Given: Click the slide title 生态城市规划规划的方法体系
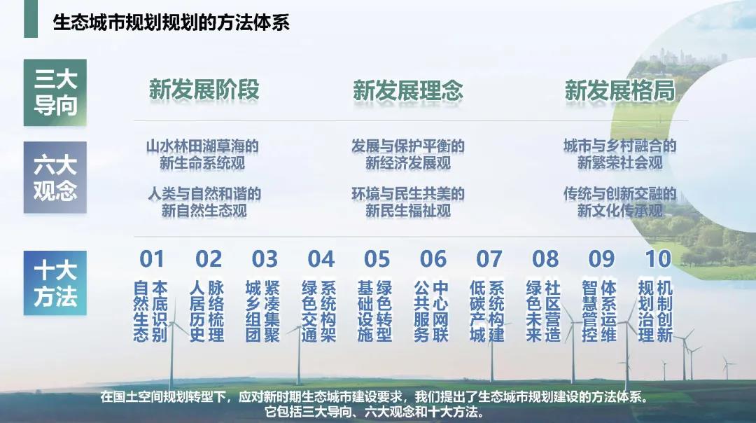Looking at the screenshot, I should pos(171,22).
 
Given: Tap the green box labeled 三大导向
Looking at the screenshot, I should pos(55,92).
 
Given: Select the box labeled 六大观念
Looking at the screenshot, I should pos(55,177).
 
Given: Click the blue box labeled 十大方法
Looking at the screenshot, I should pos(55,283).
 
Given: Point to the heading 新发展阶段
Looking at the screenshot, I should pos(204,90).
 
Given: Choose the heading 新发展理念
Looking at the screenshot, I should pos(407,90).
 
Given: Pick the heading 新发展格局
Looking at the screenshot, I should pos(619,90).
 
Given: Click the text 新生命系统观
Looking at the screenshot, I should pos(203,164).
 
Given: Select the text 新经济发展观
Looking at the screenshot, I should pos(407,164).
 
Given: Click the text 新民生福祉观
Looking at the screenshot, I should pos(407,210).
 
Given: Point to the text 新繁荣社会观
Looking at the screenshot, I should pos(619,164).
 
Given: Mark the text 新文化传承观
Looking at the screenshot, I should pos(619,210).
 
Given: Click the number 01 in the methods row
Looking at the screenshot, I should pos(152,259).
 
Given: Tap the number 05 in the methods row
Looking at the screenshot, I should pos(377,259).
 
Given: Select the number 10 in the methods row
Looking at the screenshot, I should pos(657,259).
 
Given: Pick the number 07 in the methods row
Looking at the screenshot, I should pos(489,259).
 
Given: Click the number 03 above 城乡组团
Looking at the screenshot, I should pos(265,259).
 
